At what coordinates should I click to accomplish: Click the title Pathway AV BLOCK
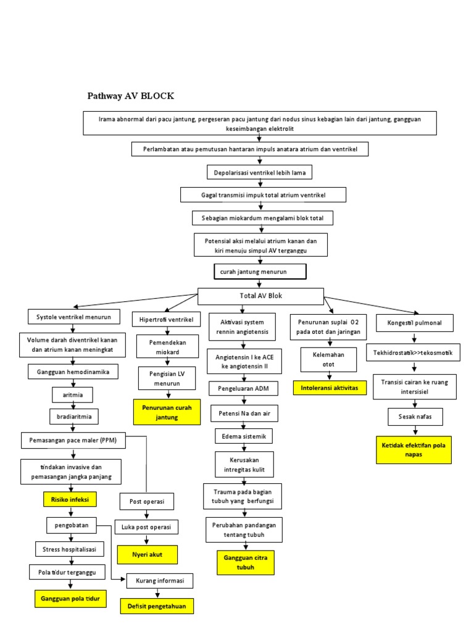(130, 96)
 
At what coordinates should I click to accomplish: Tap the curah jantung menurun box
(259, 272)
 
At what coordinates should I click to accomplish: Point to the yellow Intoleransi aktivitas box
(332, 388)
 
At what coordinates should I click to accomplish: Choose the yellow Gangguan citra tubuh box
(245, 563)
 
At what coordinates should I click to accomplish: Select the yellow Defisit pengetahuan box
(156, 607)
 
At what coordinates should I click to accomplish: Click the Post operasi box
(147, 501)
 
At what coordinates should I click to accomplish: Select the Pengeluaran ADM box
(243, 388)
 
